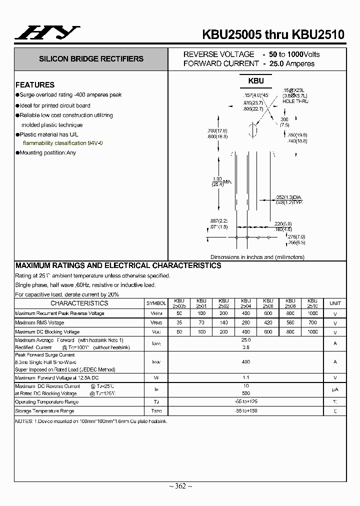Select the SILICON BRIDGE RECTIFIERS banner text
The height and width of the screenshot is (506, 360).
pos(91,59)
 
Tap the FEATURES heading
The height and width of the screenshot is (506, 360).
pos(35,85)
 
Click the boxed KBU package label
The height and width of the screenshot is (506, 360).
pos(255,80)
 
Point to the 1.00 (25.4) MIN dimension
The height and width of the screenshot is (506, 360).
pos(220,181)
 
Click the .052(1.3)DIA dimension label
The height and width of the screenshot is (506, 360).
pos(289,197)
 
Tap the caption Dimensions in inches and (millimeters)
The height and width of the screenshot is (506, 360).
pos(257,257)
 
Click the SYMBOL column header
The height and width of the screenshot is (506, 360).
pos(156,303)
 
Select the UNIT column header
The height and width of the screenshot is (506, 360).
pos(335,303)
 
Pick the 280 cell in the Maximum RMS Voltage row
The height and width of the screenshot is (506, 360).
pos(245,323)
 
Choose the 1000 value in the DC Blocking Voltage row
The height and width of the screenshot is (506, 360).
pos(312,332)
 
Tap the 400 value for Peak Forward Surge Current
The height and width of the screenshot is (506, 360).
pos(245,361)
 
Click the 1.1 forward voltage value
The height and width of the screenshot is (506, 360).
pos(245,378)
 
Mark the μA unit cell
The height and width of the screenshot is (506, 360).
pos(335,389)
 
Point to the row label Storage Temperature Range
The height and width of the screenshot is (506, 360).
pos(44,411)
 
